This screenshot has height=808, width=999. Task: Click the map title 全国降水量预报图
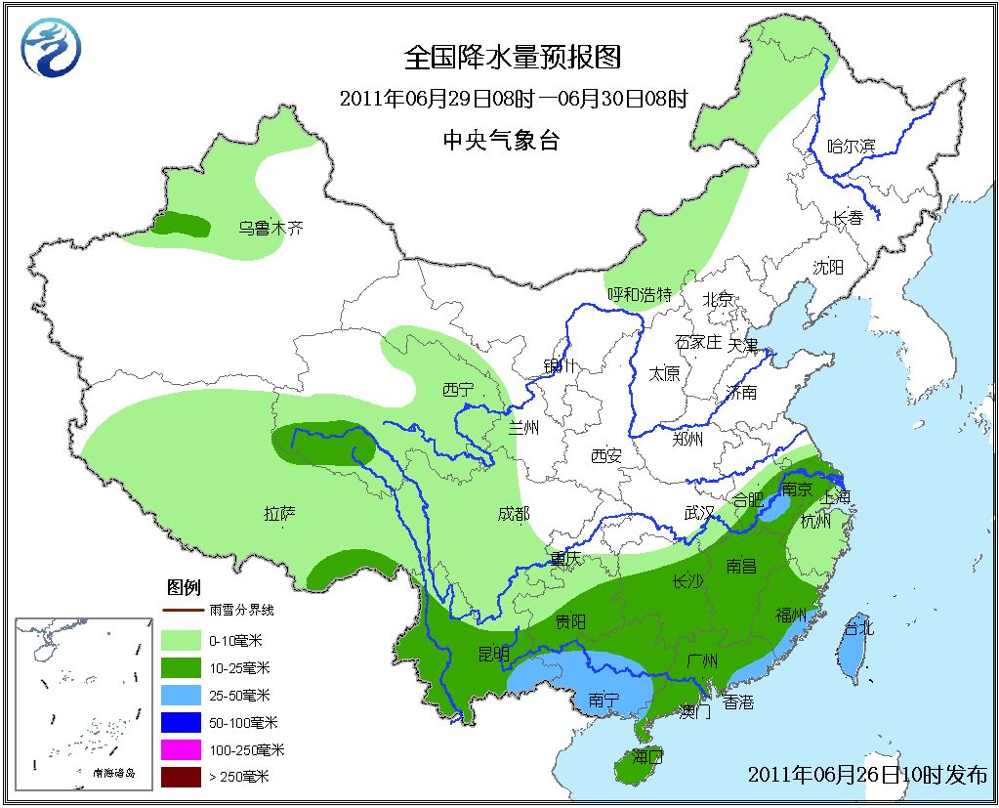[x=513, y=59]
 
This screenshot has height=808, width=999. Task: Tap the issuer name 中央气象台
[x=500, y=141]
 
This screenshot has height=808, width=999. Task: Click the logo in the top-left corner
[x=52, y=48]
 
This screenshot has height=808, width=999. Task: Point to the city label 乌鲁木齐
[x=271, y=229]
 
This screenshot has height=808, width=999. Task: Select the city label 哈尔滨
[x=852, y=147]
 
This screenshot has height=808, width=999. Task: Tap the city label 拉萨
[x=280, y=512]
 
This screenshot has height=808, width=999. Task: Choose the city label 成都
[x=513, y=513]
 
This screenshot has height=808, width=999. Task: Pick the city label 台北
[x=858, y=627]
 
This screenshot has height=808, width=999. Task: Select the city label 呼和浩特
[x=640, y=293]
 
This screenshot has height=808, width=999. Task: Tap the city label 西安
[x=606, y=454]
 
